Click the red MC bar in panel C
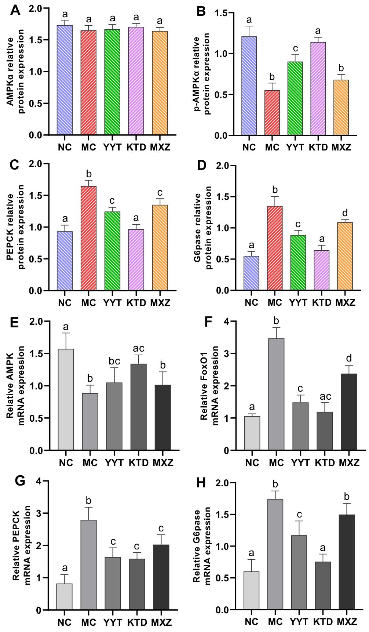click(x=88, y=239)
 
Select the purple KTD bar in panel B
click(x=319, y=89)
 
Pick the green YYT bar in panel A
click(x=112, y=82)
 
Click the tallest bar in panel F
click(x=276, y=395)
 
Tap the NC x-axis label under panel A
click(x=65, y=148)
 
